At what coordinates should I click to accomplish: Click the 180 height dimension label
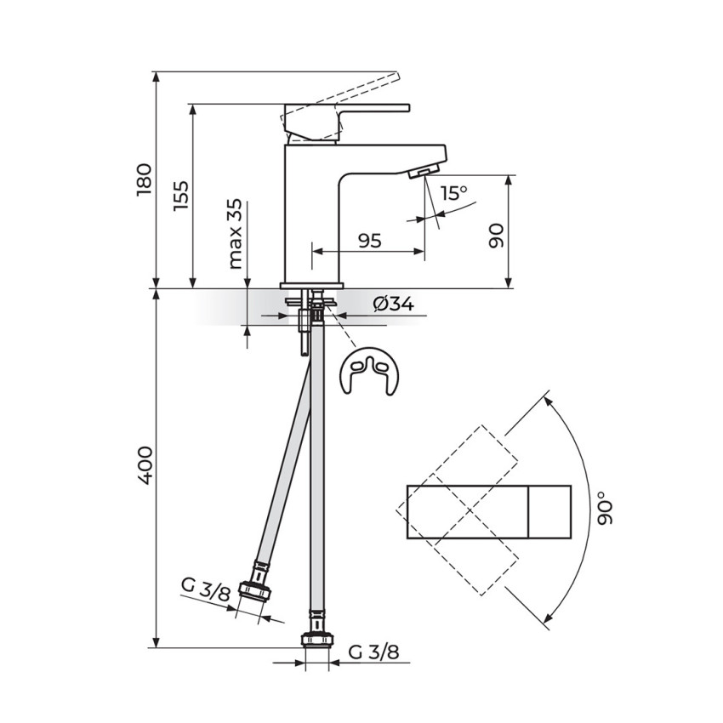144,179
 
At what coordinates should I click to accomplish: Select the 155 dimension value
180,196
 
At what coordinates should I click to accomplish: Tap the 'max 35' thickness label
235,234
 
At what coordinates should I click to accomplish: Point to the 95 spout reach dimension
370,240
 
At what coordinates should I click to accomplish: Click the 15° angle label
453,193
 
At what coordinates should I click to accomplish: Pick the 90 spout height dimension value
496,236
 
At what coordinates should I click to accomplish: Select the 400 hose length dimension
144,464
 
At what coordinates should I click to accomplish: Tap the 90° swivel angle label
605,508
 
